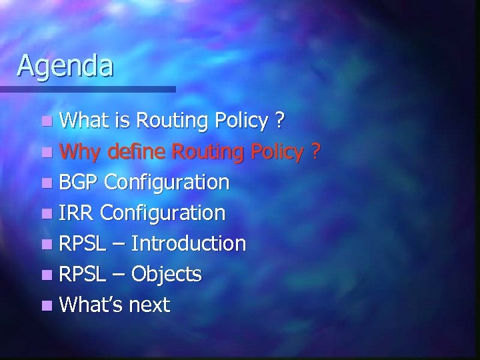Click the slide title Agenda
click(65, 65)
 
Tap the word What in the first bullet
click(83, 121)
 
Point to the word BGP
click(79, 182)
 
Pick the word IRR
click(77, 213)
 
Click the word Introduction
click(189, 243)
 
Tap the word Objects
click(167, 274)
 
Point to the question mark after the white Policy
click(281, 121)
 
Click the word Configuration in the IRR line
click(163, 213)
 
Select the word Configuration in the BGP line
click(167, 182)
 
